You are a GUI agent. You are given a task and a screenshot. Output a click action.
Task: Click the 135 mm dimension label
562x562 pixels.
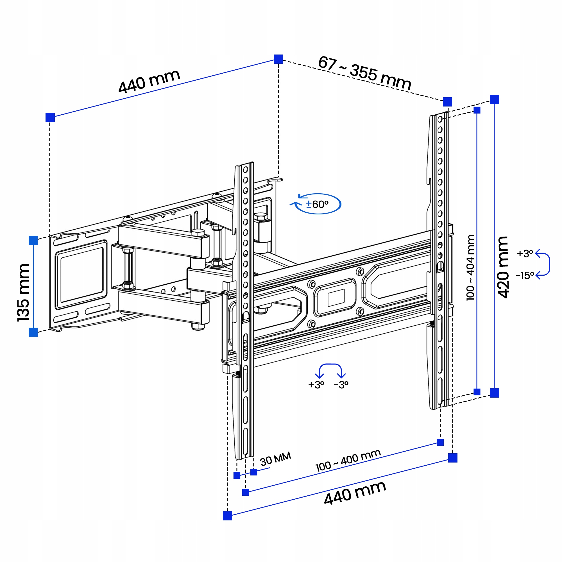(23, 292)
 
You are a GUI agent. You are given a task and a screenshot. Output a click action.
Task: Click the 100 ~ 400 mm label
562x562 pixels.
(348, 460)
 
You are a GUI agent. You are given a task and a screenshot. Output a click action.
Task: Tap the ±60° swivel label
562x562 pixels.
(317, 205)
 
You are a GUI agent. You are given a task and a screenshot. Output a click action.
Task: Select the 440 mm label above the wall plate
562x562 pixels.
(149, 81)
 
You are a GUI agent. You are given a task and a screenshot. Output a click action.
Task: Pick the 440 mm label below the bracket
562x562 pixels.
(355, 493)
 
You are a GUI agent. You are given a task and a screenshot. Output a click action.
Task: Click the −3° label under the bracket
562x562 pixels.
(341, 385)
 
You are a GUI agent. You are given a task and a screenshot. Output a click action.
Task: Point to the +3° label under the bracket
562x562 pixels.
(316, 385)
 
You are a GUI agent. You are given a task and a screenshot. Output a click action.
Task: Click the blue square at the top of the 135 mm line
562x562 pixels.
(33, 241)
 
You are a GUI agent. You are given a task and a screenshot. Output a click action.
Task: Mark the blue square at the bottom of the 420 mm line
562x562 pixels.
(495, 393)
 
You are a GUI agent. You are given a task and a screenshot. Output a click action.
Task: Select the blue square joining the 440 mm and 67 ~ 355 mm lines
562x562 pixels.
(278, 59)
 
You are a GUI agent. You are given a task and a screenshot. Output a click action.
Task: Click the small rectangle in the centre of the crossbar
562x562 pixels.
(336, 298)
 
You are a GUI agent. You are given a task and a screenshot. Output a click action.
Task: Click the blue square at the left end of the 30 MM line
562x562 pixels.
(237, 476)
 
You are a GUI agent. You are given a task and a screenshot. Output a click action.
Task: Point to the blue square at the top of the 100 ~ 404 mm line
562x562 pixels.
(477, 110)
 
